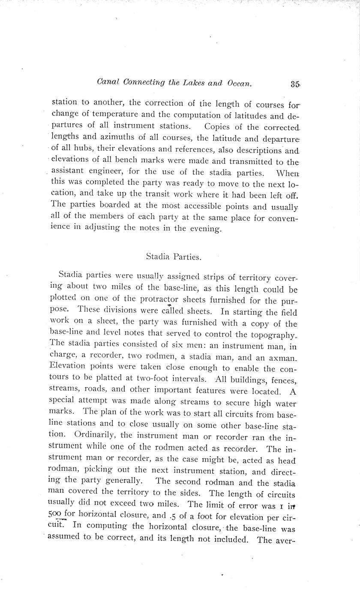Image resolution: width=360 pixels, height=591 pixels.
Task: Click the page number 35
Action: coord(294,84)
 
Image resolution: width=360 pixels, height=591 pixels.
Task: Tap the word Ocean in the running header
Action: coord(237,83)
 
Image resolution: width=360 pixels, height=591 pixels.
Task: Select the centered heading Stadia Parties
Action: coord(174,257)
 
